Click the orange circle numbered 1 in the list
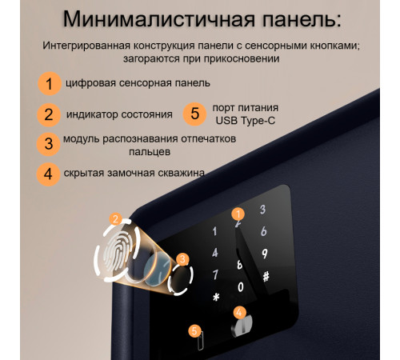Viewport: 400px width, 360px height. pyautogui.click(x=49, y=83)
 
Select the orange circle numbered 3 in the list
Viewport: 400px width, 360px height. pyautogui.click(x=49, y=144)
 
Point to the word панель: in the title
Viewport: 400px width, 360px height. pyautogui.click(x=287, y=18)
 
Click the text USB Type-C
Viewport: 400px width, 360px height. pyautogui.click(x=244, y=121)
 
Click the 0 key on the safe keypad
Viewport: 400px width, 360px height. pyautogui.click(x=241, y=286)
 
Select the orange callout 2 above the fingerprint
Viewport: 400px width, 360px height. pyautogui.click(x=116, y=218)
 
